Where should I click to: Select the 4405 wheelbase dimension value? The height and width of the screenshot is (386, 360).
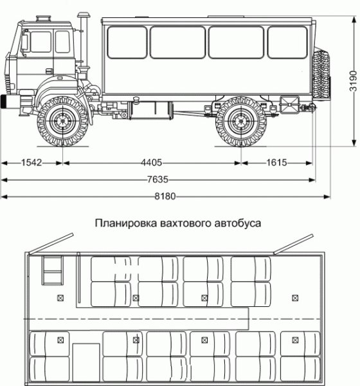click(x=152, y=163)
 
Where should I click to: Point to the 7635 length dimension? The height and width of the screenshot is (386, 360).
click(x=152, y=179)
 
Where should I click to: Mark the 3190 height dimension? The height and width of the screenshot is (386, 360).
click(x=354, y=80)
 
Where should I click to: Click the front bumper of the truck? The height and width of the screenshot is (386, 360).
click(x=10, y=101)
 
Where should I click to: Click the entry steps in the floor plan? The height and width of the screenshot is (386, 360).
click(x=51, y=270)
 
